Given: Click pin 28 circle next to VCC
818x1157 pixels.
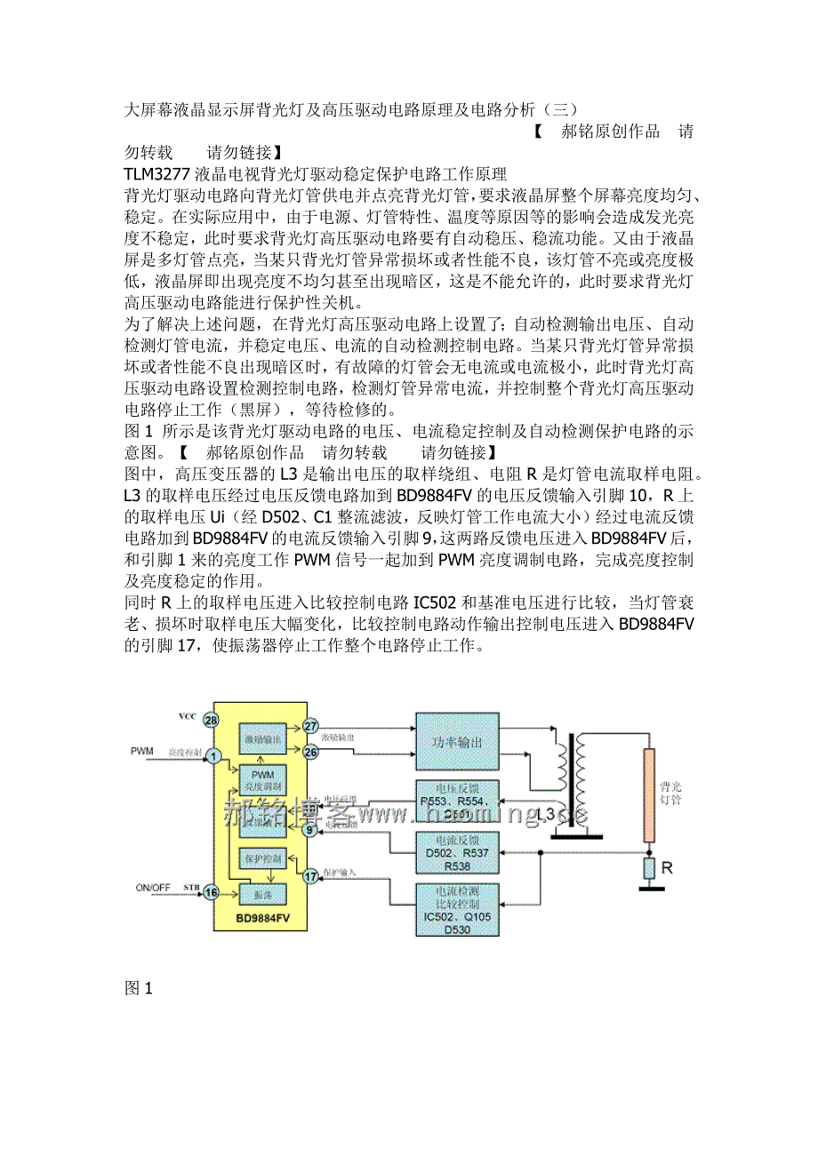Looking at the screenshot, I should tap(211, 719).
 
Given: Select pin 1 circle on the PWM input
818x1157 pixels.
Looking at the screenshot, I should tap(213, 756).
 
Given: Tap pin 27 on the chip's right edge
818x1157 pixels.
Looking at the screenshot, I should tap(310, 726).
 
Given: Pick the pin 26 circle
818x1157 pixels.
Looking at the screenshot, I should tap(310, 753).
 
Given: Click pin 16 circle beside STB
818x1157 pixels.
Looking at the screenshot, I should tap(211, 892).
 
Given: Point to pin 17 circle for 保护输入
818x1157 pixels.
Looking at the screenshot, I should tap(310, 876).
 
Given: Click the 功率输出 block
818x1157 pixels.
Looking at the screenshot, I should tap(457, 743).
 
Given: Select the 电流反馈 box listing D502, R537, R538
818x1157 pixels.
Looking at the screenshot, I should tap(457, 851).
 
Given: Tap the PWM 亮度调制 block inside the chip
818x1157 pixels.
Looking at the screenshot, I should tap(261, 780).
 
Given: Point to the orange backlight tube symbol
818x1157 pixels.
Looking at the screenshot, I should tap(649, 794).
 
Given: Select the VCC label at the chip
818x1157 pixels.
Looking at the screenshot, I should tap(187, 716).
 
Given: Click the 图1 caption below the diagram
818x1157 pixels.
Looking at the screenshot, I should tap(139, 987).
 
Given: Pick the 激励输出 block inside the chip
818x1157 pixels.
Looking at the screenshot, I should tap(261, 739).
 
